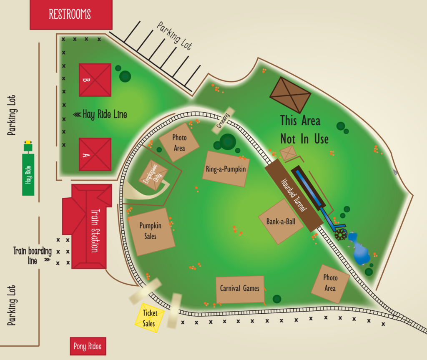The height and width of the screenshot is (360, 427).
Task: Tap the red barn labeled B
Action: click(x=95, y=80)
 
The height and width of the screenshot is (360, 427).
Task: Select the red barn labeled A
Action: click(x=95, y=154)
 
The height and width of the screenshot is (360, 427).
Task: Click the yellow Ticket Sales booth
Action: click(x=149, y=317)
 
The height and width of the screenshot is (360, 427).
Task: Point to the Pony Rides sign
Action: click(x=88, y=346)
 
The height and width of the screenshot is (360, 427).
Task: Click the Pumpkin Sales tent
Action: click(x=151, y=231)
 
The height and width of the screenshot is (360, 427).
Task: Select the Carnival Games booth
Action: click(x=240, y=289)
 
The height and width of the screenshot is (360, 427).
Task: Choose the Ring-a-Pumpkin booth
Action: click(x=226, y=169)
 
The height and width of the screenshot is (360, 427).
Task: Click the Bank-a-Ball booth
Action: click(x=281, y=221)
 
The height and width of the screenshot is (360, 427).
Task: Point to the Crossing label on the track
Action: click(x=223, y=121)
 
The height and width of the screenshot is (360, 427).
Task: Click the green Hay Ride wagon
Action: click(x=28, y=174)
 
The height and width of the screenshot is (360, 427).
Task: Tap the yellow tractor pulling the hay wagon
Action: click(x=28, y=146)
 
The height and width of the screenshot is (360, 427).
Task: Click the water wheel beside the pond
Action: click(x=341, y=234)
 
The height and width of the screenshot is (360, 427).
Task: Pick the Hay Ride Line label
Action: click(x=100, y=114)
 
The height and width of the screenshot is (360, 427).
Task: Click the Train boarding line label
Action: click(x=32, y=255)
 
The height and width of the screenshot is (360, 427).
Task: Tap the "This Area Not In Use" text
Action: click(x=303, y=129)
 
